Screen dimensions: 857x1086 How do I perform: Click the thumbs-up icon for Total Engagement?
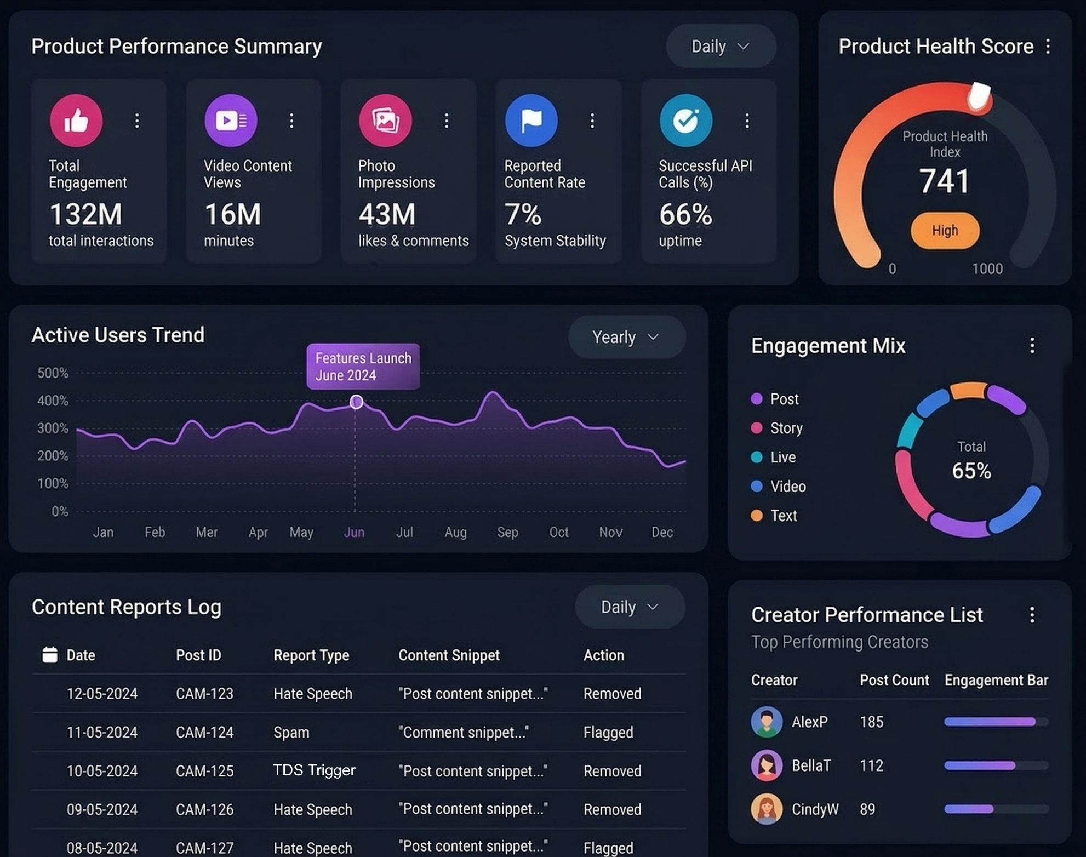click(x=76, y=120)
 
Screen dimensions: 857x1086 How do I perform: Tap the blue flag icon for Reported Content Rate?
click(x=531, y=120)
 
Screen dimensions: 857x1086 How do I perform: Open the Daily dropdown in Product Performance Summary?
click(x=720, y=47)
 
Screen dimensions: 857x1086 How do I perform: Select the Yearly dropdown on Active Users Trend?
click(x=626, y=337)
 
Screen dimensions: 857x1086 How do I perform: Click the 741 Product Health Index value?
click(x=945, y=181)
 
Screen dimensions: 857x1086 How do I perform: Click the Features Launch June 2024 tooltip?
click(x=363, y=367)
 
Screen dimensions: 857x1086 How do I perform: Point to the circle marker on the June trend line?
click(x=356, y=402)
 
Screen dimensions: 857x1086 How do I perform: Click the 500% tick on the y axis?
click(x=53, y=373)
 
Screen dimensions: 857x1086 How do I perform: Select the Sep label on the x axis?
click(x=507, y=532)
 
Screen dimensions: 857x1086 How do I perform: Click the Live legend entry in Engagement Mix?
click(x=782, y=457)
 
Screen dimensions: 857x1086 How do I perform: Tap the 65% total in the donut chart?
click(x=971, y=471)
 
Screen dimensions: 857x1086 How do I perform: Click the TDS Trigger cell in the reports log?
click(x=314, y=770)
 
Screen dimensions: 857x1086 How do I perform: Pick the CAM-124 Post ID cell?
click(x=204, y=732)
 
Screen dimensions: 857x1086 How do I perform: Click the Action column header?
click(x=603, y=655)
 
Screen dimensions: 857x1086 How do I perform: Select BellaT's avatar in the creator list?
click(x=767, y=765)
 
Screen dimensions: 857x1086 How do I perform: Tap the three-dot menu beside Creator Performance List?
click(x=1032, y=615)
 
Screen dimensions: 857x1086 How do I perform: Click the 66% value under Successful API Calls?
click(x=685, y=214)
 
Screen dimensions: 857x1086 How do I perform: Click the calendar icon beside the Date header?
click(x=50, y=655)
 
